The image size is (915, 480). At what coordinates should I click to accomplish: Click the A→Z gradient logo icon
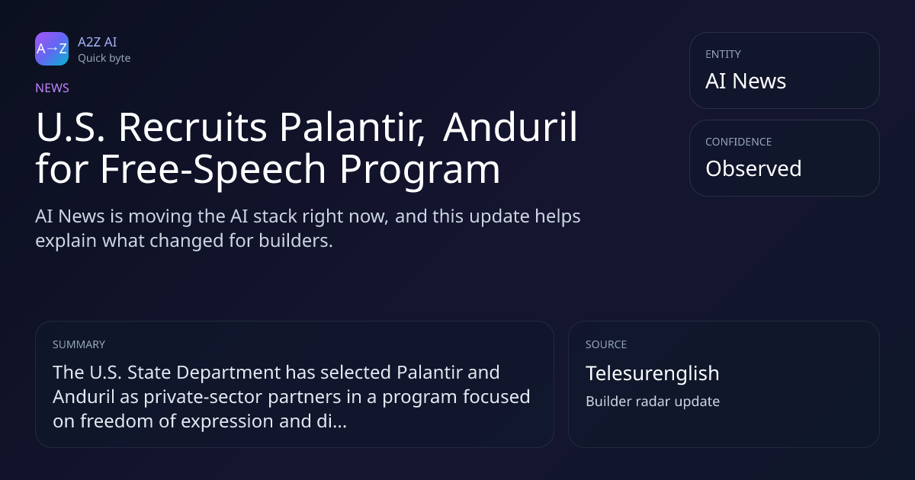(52, 49)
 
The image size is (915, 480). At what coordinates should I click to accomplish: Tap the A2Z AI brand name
(98, 42)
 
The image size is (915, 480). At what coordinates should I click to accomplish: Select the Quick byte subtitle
(104, 59)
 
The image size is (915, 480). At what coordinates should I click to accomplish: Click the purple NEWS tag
(52, 88)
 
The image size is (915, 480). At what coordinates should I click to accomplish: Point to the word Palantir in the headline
(352, 127)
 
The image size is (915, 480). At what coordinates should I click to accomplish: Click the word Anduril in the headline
(510, 127)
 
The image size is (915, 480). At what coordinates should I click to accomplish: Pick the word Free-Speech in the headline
(213, 169)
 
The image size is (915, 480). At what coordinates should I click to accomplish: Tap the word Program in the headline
(420, 169)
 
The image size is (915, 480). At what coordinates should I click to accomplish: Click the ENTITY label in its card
(723, 54)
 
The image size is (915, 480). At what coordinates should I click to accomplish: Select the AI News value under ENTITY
(746, 81)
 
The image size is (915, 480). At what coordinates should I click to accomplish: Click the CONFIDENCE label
(739, 142)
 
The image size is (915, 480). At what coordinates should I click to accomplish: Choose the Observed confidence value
(753, 168)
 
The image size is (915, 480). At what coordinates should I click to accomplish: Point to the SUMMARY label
(79, 344)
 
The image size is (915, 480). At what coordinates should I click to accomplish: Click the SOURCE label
(606, 344)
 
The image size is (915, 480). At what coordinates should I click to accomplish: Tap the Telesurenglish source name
(653, 373)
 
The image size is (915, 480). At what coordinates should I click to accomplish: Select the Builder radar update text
(653, 402)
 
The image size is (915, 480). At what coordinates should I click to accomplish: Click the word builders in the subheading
(296, 241)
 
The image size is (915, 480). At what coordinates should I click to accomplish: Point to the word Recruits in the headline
(192, 127)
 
